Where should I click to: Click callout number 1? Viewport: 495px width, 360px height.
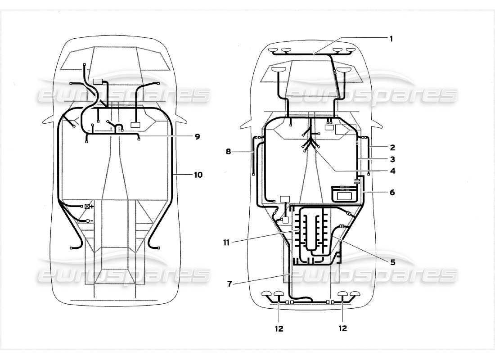click(x=391, y=39)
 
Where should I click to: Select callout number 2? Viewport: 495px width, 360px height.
click(x=393, y=147)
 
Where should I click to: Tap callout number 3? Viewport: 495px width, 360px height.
click(x=393, y=159)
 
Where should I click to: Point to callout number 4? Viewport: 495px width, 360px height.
click(x=393, y=171)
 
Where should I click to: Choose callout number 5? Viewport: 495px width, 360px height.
click(x=393, y=262)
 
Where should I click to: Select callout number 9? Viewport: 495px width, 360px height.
click(x=197, y=136)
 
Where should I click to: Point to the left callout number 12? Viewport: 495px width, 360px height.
click(x=279, y=328)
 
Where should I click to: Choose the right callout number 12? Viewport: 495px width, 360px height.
click(x=343, y=328)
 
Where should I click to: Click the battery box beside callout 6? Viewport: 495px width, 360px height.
click(x=345, y=194)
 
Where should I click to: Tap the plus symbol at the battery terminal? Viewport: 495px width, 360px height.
click(x=92, y=207)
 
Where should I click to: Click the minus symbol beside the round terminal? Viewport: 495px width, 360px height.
click(x=92, y=221)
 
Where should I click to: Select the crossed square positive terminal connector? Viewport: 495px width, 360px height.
click(x=86, y=207)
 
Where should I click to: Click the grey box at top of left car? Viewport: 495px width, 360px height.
click(x=98, y=82)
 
